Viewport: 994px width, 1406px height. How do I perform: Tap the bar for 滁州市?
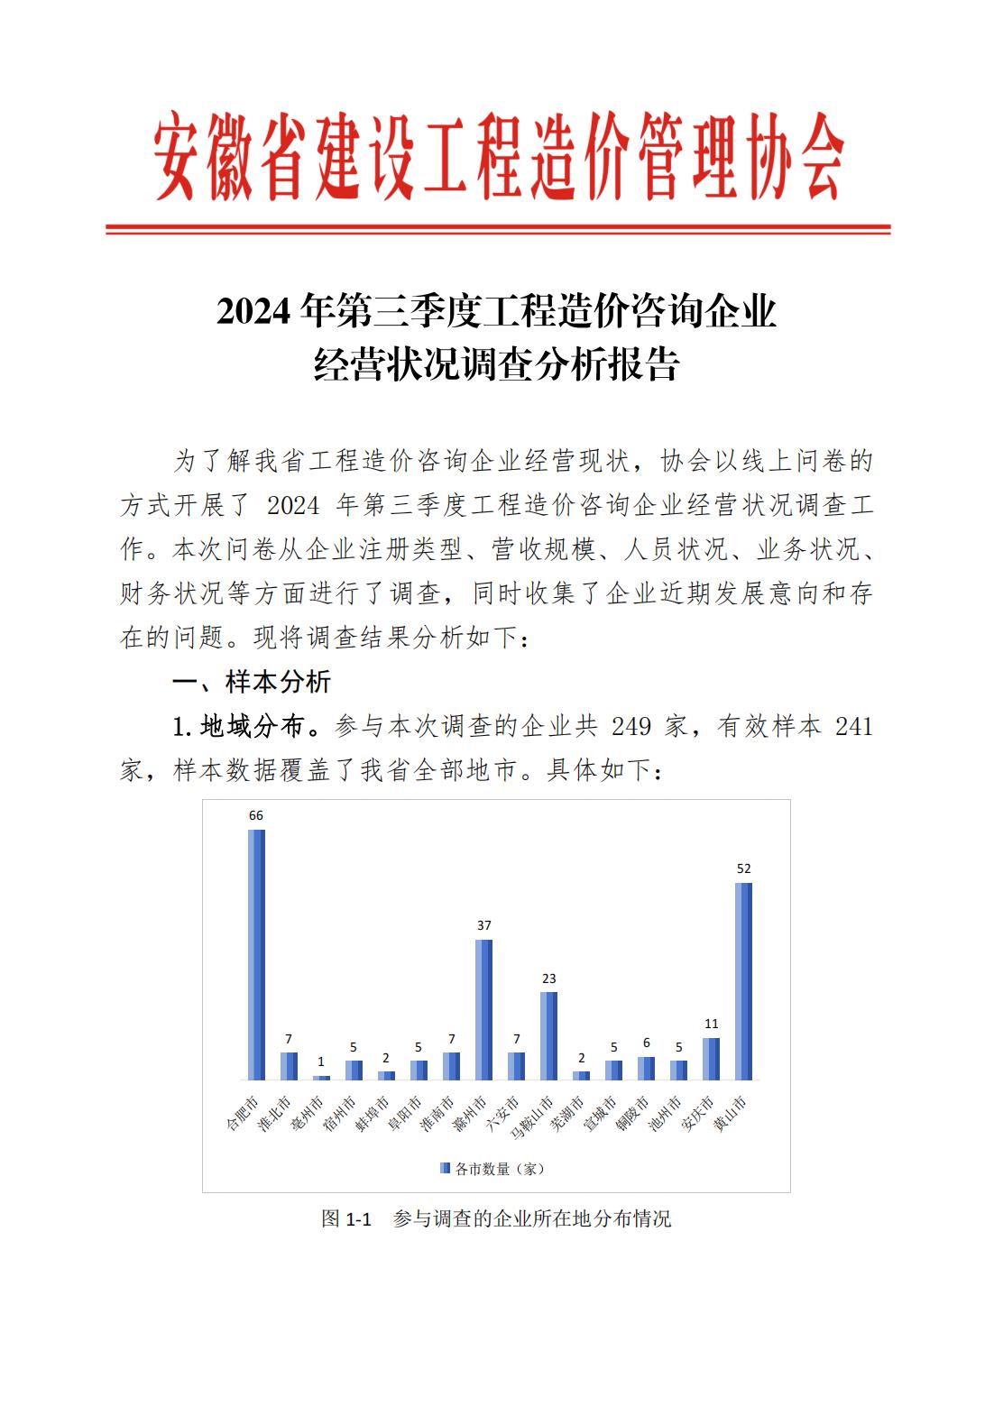click(x=483, y=1009)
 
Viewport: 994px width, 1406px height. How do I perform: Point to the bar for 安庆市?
click(x=711, y=1059)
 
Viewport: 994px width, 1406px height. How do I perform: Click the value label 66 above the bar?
click(x=256, y=815)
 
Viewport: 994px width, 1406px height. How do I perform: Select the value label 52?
click(x=743, y=868)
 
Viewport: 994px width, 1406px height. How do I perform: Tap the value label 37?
click(x=483, y=925)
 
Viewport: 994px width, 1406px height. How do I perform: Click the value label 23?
click(x=548, y=979)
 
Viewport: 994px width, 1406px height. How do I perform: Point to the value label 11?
click(x=711, y=1024)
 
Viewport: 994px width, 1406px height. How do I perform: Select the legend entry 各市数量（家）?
click(x=493, y=1169)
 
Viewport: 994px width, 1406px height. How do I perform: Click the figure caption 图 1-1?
click(x=346, y=1219)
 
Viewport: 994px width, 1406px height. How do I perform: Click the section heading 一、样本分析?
click(x=252, y=682)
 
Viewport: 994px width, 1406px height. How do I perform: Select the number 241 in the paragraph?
click(x=853, y=726)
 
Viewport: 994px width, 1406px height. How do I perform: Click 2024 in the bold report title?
click(x=254, y=312)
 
